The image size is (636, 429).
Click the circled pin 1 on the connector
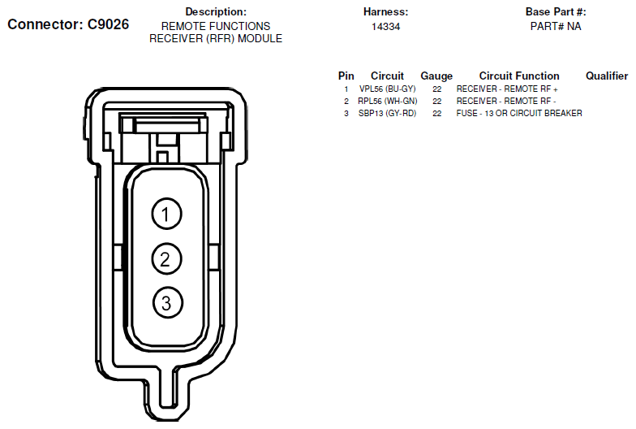(x=166, y=214)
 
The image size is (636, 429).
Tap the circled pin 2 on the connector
(x=166, y=258)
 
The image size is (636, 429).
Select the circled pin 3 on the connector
(x=167, y=303)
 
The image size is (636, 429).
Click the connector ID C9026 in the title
(x=109, y=24)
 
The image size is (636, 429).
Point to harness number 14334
(x=386, y=27)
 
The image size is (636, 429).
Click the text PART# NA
(x=556, y=26)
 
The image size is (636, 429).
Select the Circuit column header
(x=387, y=76)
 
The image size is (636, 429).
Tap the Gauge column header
(x=436, y=76)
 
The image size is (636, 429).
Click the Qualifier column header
(x=607, y=76)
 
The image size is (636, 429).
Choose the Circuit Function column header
(x=519, y=76)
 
